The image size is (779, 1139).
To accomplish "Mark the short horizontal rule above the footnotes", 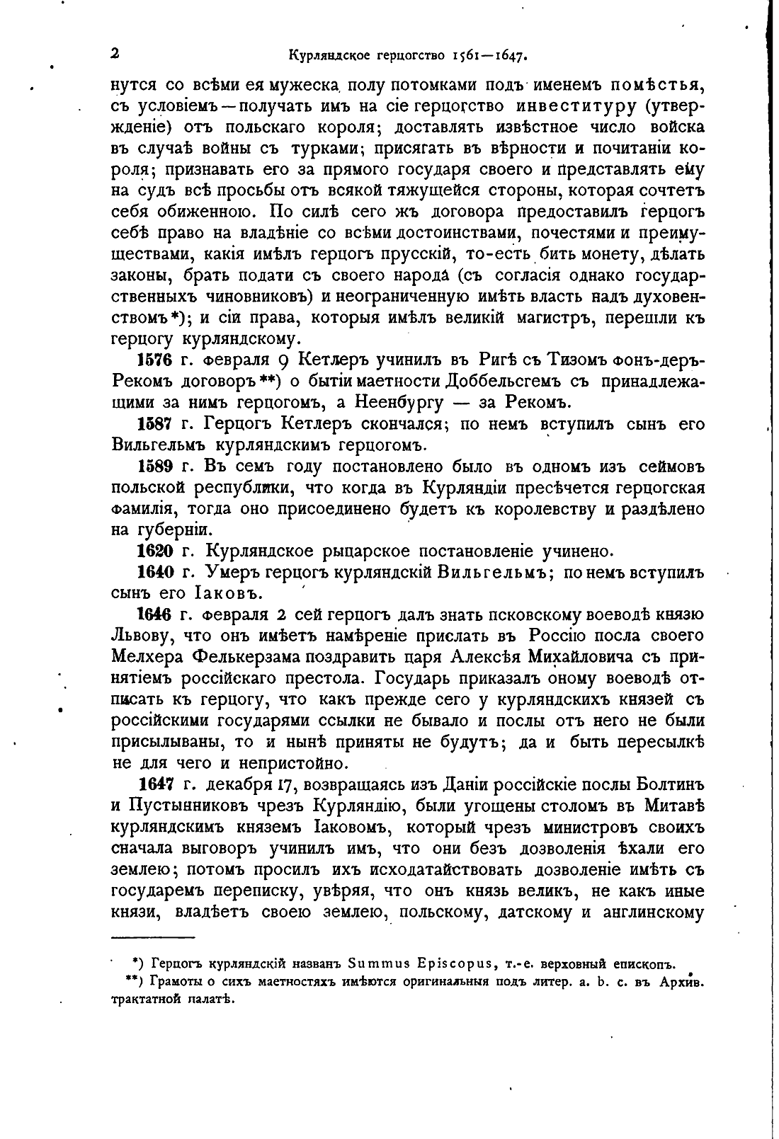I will click(153, 937).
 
